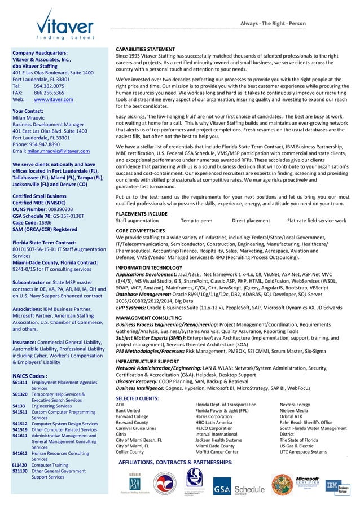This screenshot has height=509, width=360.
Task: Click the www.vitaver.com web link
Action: point(54,100)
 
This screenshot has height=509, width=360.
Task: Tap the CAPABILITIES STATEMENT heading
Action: point(145,50)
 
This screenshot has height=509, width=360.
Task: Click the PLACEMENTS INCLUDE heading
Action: point(142,214)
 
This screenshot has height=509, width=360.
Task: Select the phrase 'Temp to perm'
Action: point(196,221)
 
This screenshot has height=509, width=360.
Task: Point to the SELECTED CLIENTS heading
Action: point(137,398)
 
